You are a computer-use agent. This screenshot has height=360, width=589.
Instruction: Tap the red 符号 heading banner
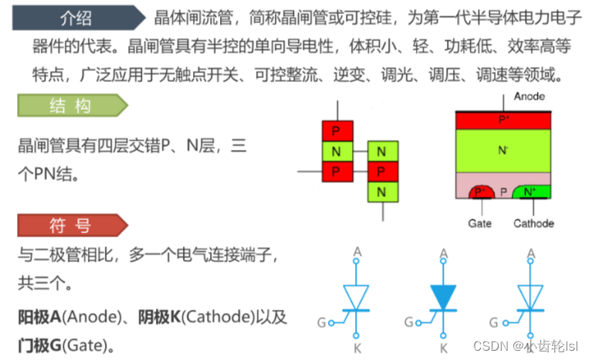(x=69, y=226)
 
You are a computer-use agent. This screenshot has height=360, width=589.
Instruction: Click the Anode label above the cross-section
(x=529, y=97)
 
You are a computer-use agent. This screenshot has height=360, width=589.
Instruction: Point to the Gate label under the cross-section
(x=479, y=223)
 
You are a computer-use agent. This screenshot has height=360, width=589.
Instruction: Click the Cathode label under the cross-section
(x=533, y=223)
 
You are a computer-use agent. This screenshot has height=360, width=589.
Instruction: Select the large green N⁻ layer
(x=503, y=149)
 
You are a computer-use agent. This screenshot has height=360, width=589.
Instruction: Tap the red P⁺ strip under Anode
(x=503, y=120)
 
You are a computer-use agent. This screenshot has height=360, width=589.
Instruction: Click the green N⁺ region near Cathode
(x=530, y=191)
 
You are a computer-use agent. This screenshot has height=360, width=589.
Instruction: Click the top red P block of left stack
(x=337, y=130)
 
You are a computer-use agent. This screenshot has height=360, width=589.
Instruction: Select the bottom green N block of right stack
(x=381, y=190)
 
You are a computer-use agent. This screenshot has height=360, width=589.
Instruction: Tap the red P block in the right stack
(x=381, y=170)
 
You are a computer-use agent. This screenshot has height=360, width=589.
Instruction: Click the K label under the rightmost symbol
(x=530, y=348)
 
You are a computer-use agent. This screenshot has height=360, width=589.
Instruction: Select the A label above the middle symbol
(x=443, y=253)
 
